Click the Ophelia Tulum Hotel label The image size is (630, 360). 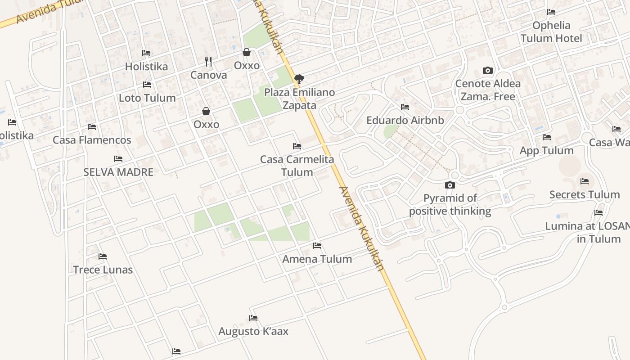click(551, 32)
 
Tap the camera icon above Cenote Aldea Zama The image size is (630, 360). click(487, 70)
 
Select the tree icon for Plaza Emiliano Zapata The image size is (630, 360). click(299, 80)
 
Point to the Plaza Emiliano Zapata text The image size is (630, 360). click(299, 99)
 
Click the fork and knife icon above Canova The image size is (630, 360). click(208, 62)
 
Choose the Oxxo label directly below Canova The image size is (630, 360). click(206, 124)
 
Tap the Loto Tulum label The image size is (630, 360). click(147, 98)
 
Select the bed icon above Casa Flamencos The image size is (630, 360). click(92, 127)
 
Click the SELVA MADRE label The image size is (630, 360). click(118, 172)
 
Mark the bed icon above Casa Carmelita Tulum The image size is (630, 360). click(297, 146)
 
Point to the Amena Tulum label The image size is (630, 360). click(317, 259)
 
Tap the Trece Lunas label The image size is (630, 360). click(103, 270)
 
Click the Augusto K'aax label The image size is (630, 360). click(253, 331)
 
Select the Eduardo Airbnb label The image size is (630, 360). click(405, 120)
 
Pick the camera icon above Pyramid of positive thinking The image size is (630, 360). click(450, 185)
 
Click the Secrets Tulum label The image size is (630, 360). click(585, 194)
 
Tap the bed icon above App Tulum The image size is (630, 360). click(547, 137)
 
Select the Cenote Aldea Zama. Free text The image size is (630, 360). click(488, 90)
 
